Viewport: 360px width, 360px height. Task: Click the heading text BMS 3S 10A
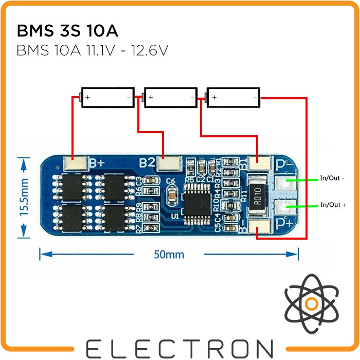(x=67, y=31)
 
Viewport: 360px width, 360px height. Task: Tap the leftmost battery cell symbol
(x=107, y=97)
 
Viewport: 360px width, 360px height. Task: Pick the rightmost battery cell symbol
(x=233, y=97)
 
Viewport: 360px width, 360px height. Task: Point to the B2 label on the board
(x=147, y=163)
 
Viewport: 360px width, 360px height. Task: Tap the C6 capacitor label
(x=172, y=181)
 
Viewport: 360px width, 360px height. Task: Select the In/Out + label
(x=333, y=205)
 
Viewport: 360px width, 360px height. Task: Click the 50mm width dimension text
(x=169, y=254)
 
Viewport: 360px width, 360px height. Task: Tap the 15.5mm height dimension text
(x=23, y=198)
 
